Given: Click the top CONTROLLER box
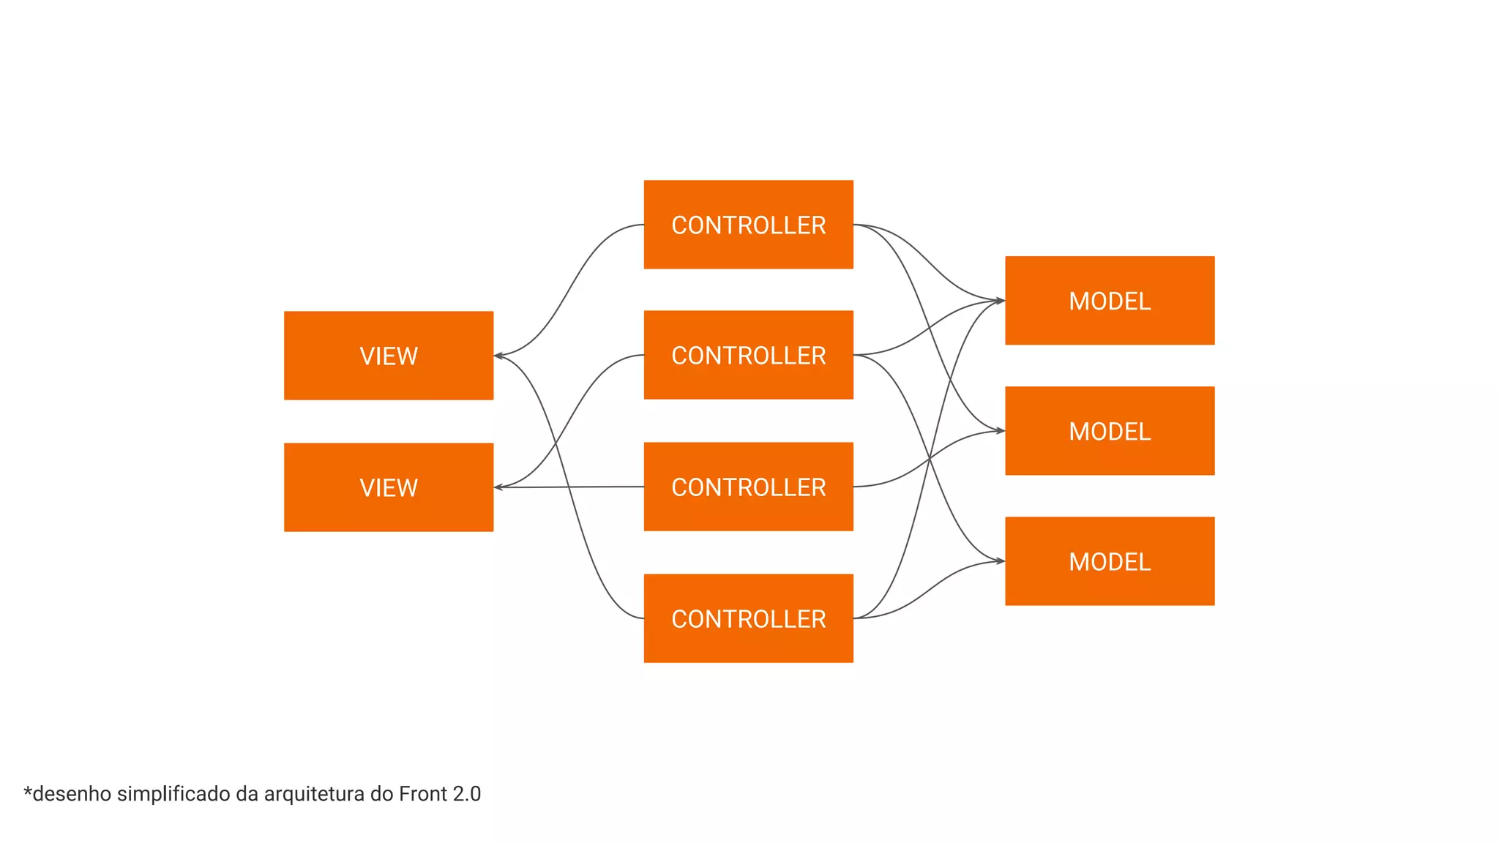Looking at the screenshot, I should point(748,225).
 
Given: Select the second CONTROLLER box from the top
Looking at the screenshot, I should point(748,355).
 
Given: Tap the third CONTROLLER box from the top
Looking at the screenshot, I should point(748,487).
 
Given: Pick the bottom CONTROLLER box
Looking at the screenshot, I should point(748,618).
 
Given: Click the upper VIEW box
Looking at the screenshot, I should point(389,356).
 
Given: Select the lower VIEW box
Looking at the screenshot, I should point(389,487).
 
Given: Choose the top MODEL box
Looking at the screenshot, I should point(1110,300).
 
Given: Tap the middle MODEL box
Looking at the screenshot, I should point(1110,431).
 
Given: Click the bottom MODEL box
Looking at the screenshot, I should point(1110,561).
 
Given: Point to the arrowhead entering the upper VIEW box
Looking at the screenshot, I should point(498,356).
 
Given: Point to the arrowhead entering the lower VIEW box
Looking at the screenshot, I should point(498,487).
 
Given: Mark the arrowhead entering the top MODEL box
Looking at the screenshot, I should point(1000,300).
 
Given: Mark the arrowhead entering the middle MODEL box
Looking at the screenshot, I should point(1000,431).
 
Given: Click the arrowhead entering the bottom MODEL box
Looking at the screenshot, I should point(1000,561).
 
